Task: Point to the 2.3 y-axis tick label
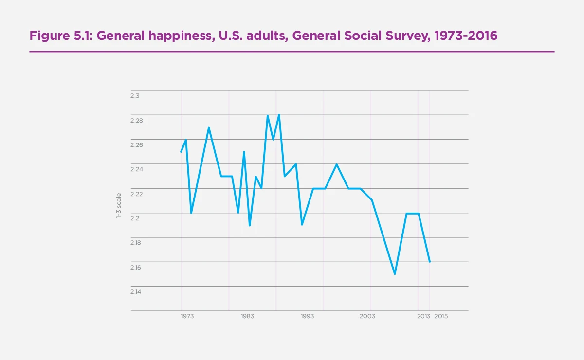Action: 135,96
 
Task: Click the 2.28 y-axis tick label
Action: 137,121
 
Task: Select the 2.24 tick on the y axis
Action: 137,169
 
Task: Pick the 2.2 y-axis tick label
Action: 135,218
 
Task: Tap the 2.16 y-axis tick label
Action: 137,267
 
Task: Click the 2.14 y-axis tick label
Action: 137,292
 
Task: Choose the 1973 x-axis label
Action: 187,316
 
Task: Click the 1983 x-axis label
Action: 247,316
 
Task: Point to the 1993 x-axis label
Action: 307,316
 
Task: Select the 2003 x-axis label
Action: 367,316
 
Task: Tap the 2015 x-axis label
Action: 441,316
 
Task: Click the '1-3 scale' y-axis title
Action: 118,205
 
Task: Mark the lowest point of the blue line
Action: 395,274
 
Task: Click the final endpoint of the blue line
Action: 430,262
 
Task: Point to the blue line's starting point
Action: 181,152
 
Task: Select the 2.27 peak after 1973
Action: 209,128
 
